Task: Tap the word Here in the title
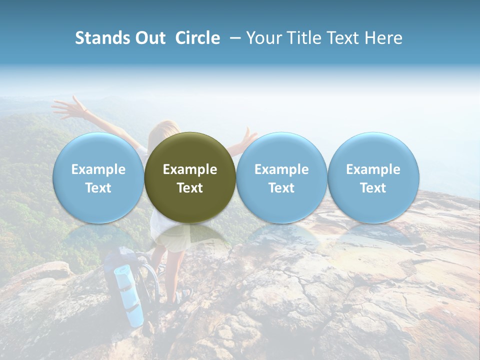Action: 384,38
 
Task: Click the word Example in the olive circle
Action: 190,169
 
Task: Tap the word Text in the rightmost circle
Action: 373,188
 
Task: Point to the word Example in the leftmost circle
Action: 98,169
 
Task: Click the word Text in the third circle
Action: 281,188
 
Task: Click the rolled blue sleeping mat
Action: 129,295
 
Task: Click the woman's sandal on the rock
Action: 182,296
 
